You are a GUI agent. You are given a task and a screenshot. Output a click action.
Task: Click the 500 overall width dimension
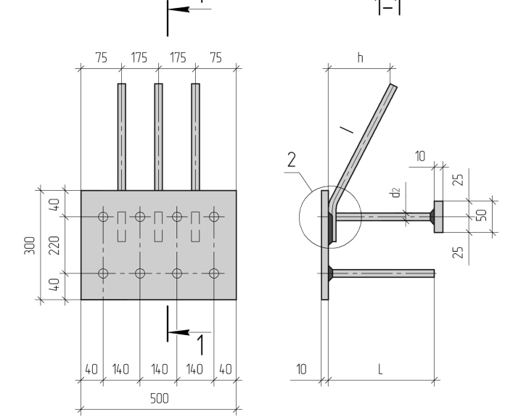[x=160, y=399]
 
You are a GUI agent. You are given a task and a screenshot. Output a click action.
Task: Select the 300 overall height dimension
[x=30, y=245]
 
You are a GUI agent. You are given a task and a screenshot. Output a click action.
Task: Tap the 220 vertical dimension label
[x=54, y=245]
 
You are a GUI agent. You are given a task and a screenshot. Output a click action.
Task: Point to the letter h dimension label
[x=361, y=57]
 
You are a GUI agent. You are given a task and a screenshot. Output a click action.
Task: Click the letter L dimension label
[x=380, y=369]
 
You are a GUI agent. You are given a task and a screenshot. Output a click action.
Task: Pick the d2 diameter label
[x=395, y=193]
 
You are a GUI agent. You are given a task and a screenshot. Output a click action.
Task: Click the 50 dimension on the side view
[x=481, y=215]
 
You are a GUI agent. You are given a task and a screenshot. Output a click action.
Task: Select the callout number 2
[x=292, y=160]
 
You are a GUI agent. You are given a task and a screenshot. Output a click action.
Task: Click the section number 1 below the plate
[x=201, y=345]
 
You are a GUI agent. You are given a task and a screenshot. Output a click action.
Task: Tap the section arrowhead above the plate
[x=178, y=9]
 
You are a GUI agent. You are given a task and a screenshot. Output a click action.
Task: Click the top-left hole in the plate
[x=103, y=217]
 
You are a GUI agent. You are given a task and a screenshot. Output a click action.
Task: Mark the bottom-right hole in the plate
[x=214, y=273]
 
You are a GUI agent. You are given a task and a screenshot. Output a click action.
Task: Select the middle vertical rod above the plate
[x=158, y=137]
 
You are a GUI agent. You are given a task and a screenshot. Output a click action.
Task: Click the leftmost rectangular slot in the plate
[x=121, y=227]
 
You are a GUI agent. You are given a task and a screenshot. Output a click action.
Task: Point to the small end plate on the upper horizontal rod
[x=438, y=217]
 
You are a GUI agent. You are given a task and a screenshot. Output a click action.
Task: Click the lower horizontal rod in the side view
[x=383, y=273]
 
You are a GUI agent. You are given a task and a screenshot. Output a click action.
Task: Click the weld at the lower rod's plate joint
[x=330, y=273]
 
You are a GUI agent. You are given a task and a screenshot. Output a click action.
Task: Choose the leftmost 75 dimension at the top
[x=101, y=58]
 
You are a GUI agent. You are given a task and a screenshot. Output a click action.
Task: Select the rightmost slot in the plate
[x=195, y=227]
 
